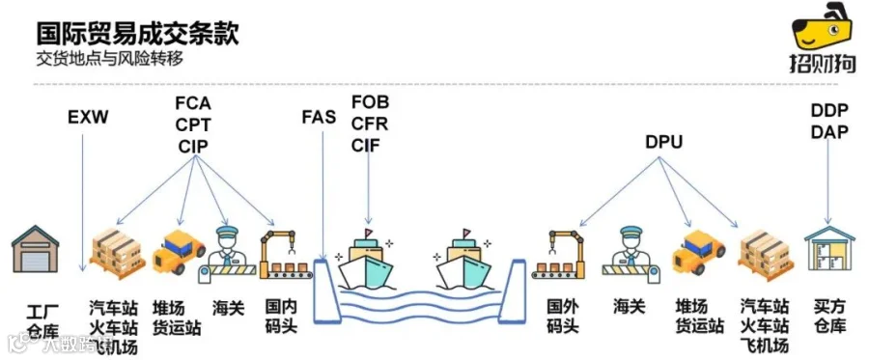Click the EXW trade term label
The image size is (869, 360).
tap(88, 118)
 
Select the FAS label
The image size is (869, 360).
tap(319, 118)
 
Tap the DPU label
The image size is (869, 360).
tap(663, 143)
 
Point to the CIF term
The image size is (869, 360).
tap(366, 145)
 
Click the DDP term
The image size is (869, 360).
tap(829, 111)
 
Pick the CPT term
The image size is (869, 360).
tap(193, 125)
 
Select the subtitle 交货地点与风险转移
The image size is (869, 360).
tap(109, 59)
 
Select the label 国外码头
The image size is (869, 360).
tap(563, 317)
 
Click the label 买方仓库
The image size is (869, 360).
tap(829, 317)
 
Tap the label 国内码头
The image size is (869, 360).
tap(281, 317)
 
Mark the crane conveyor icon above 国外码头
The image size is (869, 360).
tap(558, 254)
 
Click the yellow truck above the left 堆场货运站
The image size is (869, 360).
tap(178, 251)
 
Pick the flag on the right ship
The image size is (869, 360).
tap(466, 232)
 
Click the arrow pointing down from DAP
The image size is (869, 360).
tap(828, 182)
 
